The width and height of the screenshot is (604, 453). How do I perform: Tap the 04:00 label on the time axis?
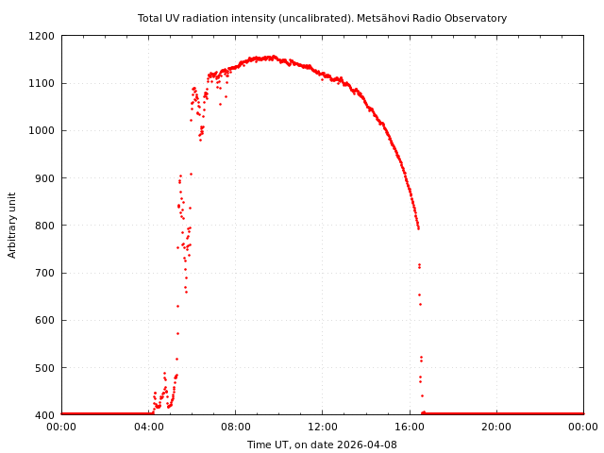point(148,427)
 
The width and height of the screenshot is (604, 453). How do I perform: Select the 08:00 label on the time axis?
point(235,427)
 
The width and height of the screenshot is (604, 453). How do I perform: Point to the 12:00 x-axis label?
point(322,427)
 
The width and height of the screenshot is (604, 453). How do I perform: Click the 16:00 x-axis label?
point(409,427)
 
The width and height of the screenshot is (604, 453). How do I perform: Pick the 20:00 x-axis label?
point(496,427)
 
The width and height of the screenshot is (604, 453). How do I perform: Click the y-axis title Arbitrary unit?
point(13,226)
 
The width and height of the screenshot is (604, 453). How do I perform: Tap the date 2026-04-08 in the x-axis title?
point(368,445)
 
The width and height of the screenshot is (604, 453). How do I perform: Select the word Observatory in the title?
point(476,18)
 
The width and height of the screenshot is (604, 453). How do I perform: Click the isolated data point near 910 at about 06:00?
point(191,174)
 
